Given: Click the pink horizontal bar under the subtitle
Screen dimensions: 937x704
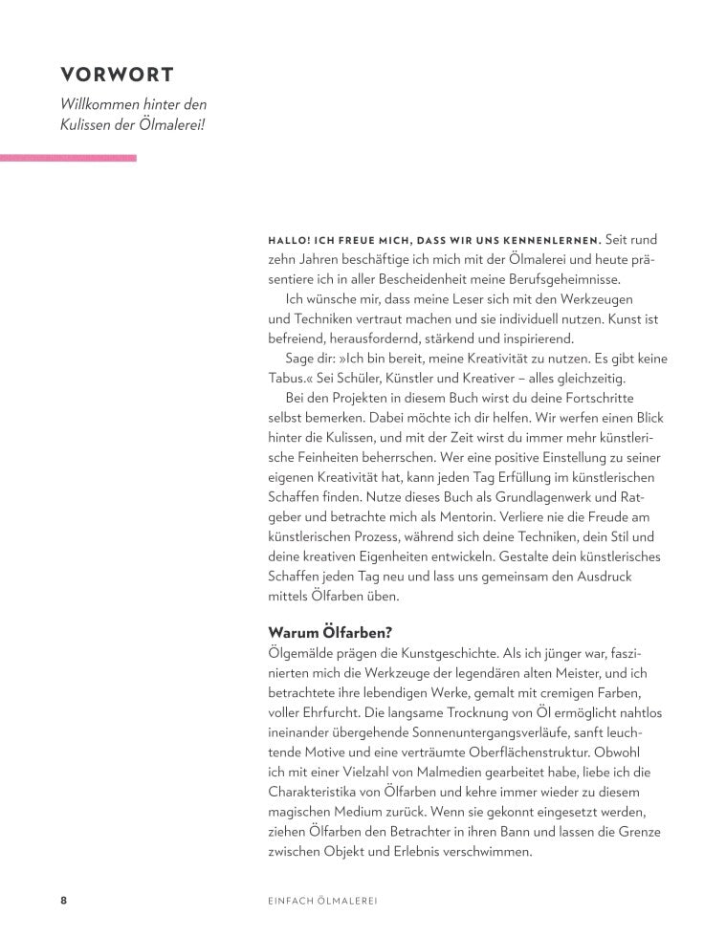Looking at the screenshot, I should coord(68,157).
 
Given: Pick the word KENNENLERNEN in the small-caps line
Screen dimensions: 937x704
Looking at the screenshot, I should coord(551,239).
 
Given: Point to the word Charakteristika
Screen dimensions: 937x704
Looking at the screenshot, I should coord(321,793).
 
